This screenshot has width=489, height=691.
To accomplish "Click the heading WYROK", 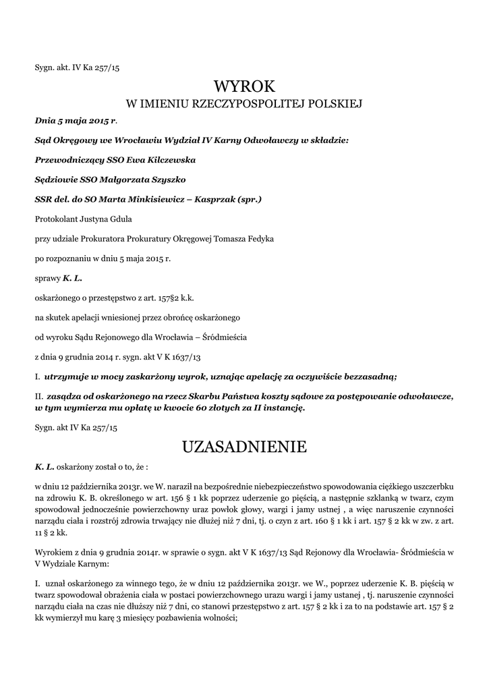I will point(244,86).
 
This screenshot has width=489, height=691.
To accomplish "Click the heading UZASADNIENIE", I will point(244,447).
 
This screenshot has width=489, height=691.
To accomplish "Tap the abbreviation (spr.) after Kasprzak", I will point(246,200).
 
